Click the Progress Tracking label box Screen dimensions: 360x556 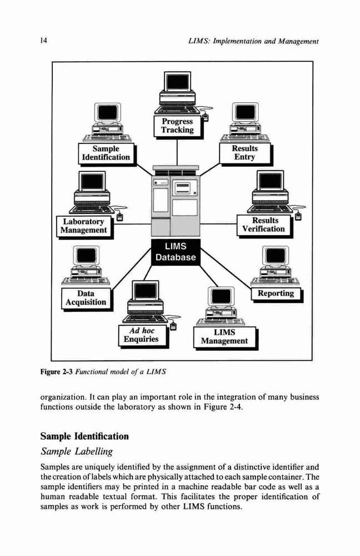178,126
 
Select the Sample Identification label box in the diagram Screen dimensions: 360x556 106,153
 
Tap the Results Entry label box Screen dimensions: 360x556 245,153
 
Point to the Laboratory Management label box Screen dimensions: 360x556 84,226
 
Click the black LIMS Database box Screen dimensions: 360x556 176,252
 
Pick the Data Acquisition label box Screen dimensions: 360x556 86,298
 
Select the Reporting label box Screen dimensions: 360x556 276,294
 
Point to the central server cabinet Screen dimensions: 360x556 176,201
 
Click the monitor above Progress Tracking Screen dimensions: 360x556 178,81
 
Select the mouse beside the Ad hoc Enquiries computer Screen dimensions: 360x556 173,325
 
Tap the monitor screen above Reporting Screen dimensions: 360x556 276,255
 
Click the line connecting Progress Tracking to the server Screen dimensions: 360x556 177,152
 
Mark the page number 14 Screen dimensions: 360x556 43,41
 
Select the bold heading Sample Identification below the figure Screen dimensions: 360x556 84,436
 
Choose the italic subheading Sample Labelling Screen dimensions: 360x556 77,451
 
